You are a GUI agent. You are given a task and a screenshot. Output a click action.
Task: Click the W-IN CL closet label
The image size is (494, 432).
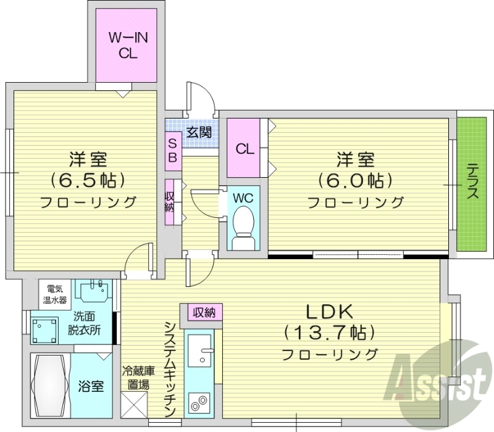point(128,45)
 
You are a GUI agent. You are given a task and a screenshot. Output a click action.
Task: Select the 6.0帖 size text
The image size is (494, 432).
point(354,180)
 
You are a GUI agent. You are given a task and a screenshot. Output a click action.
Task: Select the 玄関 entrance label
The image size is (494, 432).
point(199,131)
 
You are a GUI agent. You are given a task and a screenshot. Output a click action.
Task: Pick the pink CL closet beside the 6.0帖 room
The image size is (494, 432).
point(243,149)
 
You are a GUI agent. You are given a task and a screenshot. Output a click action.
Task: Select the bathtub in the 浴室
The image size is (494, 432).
point(50,386)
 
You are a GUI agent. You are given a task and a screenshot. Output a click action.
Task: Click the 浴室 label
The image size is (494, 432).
point(91,387)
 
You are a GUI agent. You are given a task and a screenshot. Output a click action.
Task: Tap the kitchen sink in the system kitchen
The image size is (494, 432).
point(200,355)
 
